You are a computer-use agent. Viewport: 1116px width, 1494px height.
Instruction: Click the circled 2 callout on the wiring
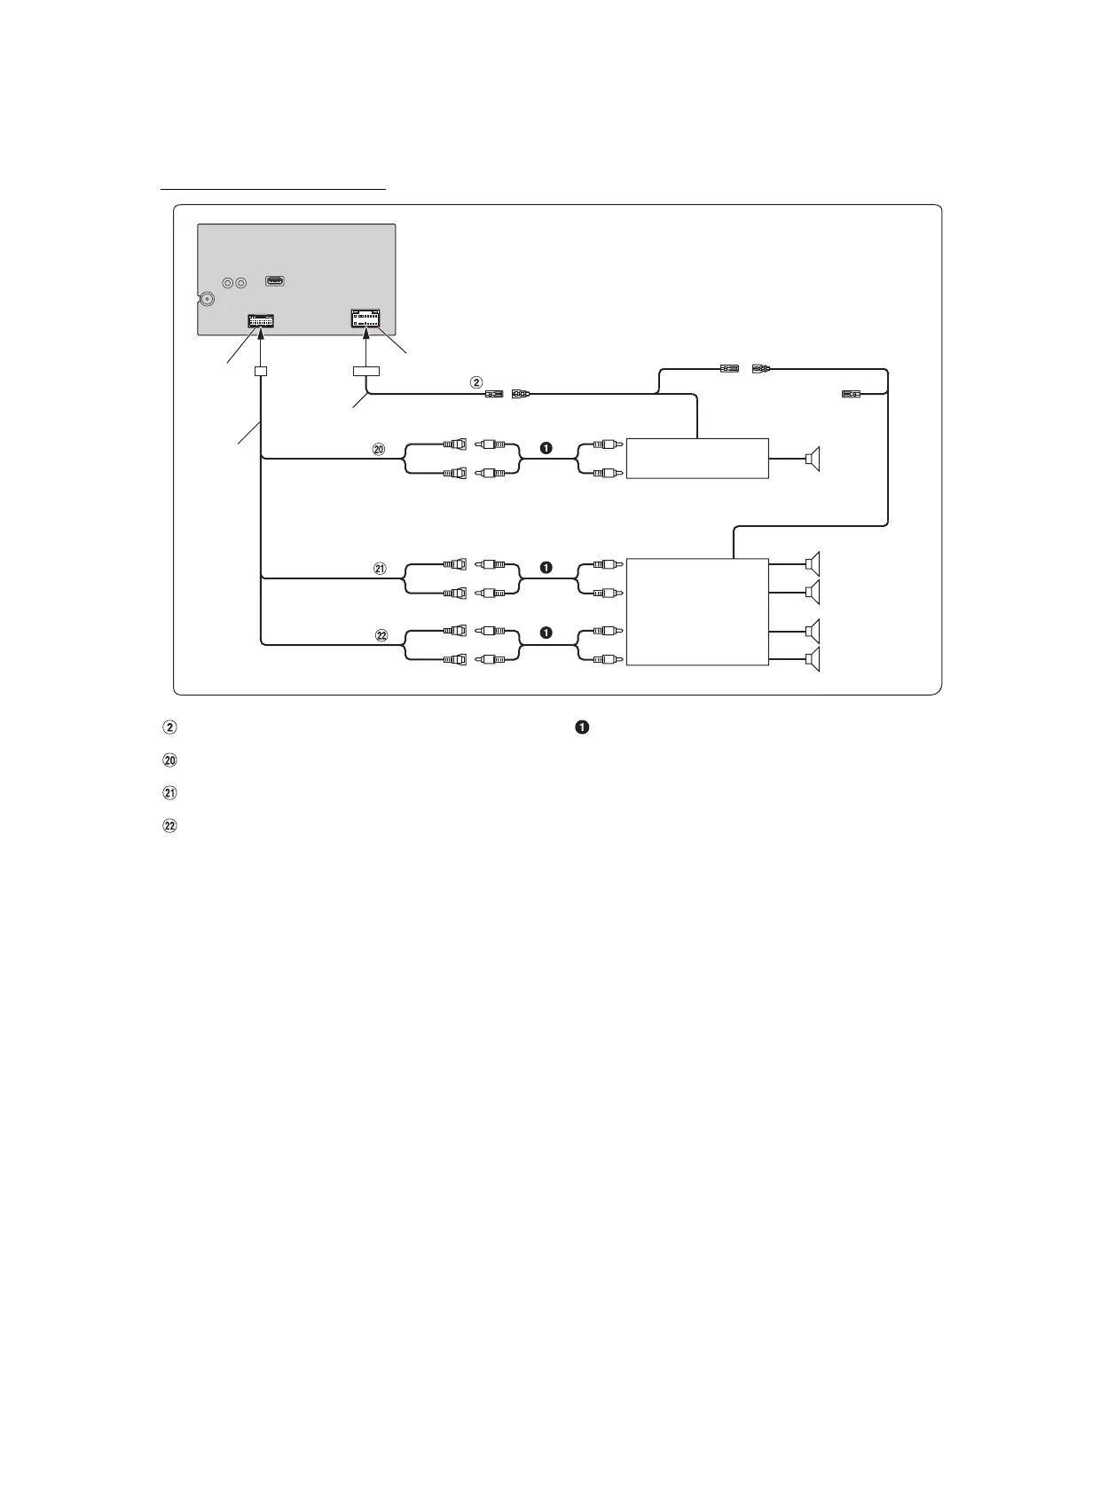476,382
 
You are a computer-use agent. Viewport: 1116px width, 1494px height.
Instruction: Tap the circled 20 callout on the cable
379,450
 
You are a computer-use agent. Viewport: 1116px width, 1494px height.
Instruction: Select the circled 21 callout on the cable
380,570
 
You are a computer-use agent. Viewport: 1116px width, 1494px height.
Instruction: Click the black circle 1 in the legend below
581,727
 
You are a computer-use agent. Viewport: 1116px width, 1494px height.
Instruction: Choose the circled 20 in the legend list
169,760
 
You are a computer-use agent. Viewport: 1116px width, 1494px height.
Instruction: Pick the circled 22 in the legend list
169,826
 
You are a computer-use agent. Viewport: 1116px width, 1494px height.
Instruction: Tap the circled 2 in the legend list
169,727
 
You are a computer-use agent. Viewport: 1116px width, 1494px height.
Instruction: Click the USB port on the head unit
275,282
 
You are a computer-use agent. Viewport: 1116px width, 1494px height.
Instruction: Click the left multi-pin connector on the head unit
261,321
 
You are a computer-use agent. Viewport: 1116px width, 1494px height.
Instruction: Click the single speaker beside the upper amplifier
813,459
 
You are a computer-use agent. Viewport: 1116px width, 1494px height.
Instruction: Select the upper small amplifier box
697,459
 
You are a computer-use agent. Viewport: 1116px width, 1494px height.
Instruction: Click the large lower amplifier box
697,612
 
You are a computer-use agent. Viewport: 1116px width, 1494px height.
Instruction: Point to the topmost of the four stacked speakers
813,563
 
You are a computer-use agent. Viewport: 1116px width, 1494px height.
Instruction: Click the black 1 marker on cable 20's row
546,449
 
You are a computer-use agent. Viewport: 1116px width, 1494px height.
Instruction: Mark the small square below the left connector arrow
261,372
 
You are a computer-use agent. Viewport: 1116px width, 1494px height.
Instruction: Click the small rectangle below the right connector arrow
365,372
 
